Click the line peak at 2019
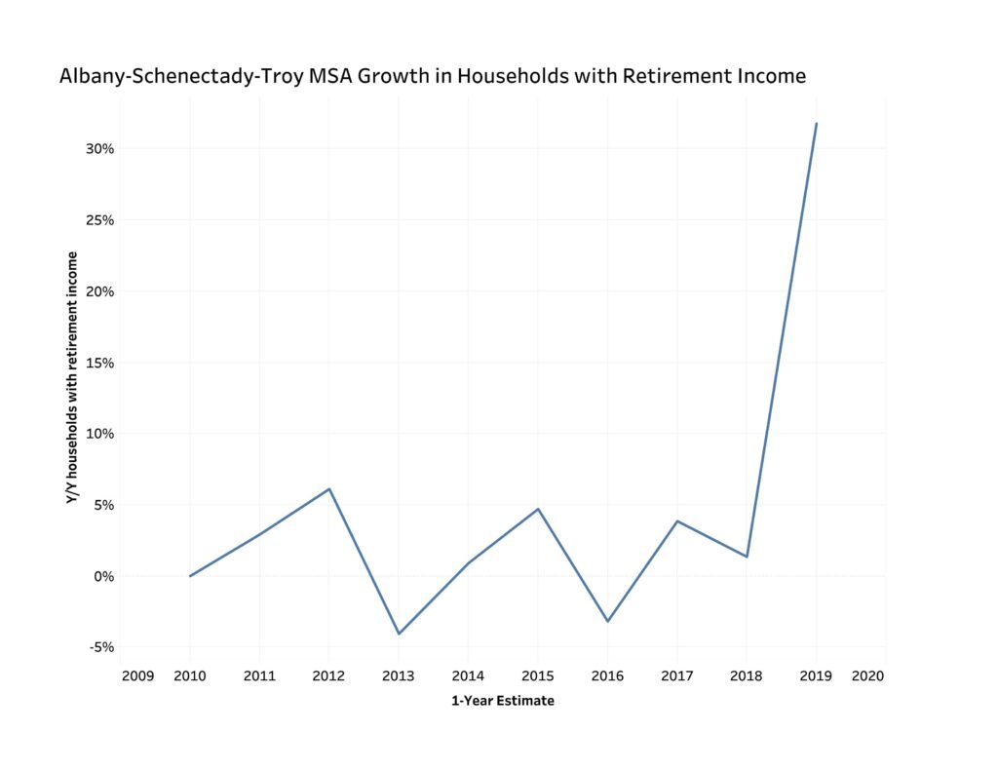tap(816, 124)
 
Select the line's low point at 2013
tap(399, 634)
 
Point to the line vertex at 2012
tap(329, 488)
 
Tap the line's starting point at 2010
tap(190, 576)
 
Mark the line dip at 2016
tap(607, 621)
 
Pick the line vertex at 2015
tap(538, 509)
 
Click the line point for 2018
tap(747, 557)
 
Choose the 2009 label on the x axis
tap(137, 675)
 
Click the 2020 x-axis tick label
tap(866, 675)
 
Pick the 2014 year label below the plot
tap(468, 675)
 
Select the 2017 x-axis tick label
tap(676, 675)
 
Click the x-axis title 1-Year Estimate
tap(502, 701)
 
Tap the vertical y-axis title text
tap(72, 377)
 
